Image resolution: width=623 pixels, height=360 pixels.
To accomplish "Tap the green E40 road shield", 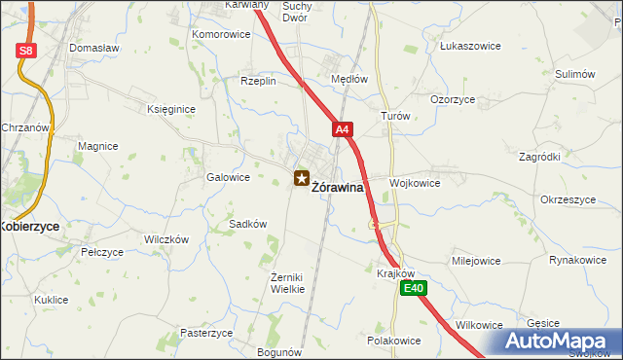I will pyautogui.click(x=415, y=288).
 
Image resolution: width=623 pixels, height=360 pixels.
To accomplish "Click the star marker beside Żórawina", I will pyautogui.click(x=301, y=178).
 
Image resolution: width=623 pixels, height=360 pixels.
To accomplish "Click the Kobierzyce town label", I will pyautogui.click(x=29, y=225).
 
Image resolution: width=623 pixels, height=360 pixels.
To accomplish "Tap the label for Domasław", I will pyautogui.click(x=93, y=47).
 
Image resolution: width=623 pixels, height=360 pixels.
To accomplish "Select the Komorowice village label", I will pyautogui.click(x=221, y=34).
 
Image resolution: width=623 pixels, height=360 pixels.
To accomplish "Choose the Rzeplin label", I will pyautogui.click(x=259, y=82).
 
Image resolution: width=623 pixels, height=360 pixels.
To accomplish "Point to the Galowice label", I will pyautogui.click(x=229, y=177).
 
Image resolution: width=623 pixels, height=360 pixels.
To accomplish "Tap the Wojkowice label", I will pyautogui.click(x=415, y=182).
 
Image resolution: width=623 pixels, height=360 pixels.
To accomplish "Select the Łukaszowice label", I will pyautogui.click(x=469, y=46).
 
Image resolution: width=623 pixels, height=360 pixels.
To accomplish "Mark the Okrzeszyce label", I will pyautogui.click(x=568, y=199).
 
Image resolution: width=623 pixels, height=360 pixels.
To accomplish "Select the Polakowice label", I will pyautogui.click(x=393, y=341).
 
